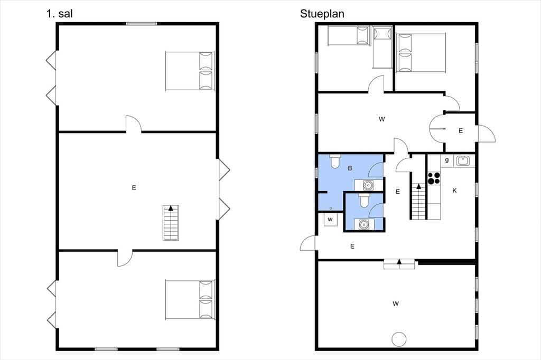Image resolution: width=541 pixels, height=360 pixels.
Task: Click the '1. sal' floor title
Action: [59, 13]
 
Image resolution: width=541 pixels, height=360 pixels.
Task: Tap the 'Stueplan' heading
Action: [322, 14]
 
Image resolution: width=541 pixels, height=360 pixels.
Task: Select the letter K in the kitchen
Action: [454, 191]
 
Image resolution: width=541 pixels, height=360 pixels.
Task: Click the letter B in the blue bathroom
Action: [350, 168]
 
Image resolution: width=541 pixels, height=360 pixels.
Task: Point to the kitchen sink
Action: [462, 160]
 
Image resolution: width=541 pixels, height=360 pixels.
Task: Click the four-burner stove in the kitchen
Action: [434, 178]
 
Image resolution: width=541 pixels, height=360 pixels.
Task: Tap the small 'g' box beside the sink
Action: [447, 160]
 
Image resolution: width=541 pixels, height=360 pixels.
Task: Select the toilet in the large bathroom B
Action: [335, 161]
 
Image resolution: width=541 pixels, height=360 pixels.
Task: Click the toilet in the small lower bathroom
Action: [365, 201]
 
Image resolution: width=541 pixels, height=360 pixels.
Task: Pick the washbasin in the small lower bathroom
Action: [363, 224]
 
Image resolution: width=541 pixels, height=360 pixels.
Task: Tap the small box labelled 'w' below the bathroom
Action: [330, 220]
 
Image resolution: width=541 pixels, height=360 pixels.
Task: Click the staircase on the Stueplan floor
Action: [418, 202]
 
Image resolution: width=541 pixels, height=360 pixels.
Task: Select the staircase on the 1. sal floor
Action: [171, 223]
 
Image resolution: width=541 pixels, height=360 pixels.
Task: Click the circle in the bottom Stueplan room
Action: [399, 339]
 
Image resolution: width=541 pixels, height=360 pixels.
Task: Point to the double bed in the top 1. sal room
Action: [190, 71]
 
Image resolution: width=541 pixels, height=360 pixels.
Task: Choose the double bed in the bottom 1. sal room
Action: [190, 300]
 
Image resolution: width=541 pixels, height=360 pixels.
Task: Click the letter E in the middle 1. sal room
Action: [134, 187]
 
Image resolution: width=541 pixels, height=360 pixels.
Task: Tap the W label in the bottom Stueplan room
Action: [395, 304]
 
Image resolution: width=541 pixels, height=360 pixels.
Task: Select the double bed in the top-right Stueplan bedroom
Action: [421, 53]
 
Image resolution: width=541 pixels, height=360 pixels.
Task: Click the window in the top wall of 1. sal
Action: [142, 24]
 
